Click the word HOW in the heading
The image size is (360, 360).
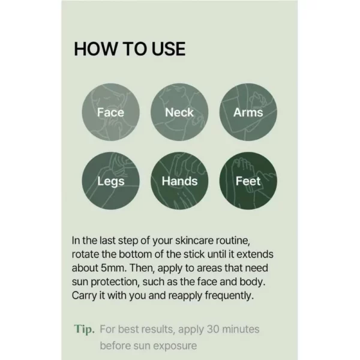pos(95,49)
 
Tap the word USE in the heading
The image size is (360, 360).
pos(169,49)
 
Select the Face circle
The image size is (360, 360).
pos(110,112)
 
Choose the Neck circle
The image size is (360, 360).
pos(179,112)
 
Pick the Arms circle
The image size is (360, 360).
pos(248,112)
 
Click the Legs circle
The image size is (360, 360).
pos(110,181)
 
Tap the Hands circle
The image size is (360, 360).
pos(179,181)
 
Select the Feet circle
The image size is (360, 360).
pos(248,181)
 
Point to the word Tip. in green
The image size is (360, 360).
pos(84,329)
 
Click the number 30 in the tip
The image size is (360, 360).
pos(213,329)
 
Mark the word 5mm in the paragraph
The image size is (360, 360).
pos(113,268)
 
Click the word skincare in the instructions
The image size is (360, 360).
pos(194,241)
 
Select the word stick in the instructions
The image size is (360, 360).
pos(193,254)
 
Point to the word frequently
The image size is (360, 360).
pos(229,296)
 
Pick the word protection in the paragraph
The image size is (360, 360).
pos(115,282)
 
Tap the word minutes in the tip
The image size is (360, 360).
pos(241,329)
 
